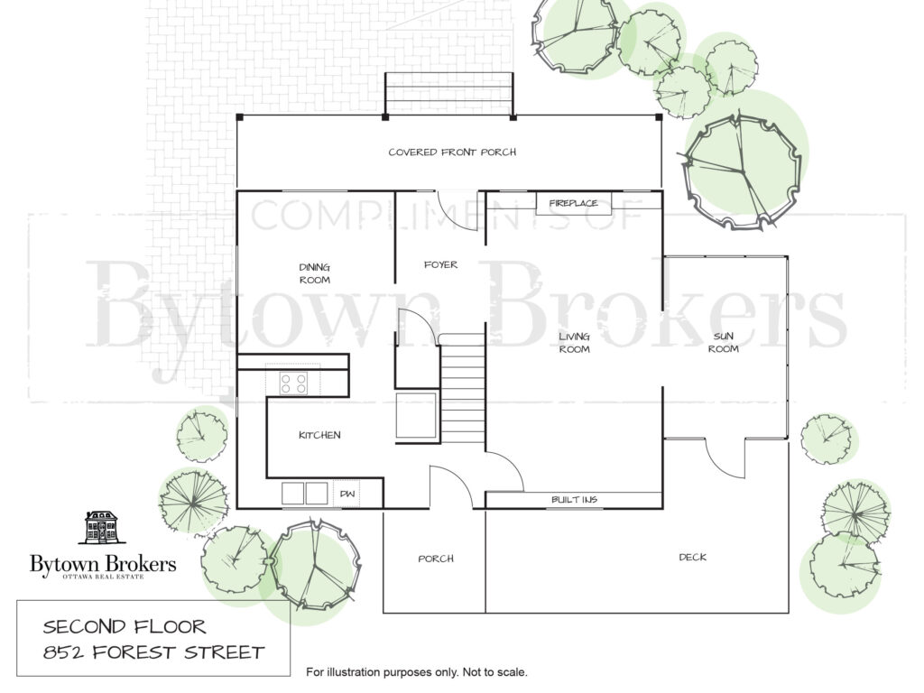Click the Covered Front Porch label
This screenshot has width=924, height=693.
452,152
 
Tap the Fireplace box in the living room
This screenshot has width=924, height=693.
573,203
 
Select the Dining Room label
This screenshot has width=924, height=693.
315,273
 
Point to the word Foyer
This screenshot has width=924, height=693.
440,264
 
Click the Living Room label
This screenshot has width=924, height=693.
575,342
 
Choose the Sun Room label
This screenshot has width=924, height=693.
723,342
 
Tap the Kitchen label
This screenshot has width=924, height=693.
319,435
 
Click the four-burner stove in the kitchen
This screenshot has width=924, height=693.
293,383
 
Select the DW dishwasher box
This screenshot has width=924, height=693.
347,494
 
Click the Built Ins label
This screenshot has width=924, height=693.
574,500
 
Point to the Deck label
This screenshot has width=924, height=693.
692,557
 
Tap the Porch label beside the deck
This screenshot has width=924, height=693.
436,559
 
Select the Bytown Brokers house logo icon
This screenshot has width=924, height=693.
103,527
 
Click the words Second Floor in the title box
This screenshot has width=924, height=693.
125,626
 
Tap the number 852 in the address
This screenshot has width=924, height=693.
63,652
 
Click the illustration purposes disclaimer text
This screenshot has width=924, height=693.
417,671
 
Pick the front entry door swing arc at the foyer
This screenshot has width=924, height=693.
457,211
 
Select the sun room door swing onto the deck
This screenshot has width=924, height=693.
725,458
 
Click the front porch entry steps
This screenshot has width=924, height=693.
449,94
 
